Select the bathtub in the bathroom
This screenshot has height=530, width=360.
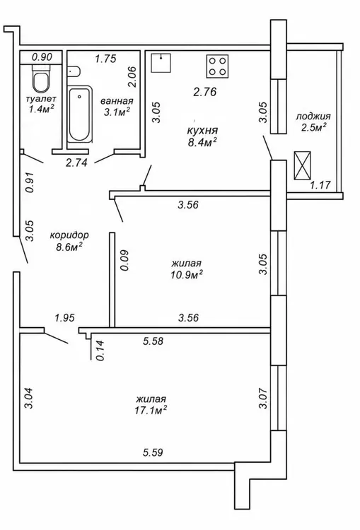79,114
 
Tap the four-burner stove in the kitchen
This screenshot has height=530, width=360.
218,66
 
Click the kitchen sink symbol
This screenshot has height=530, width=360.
161,63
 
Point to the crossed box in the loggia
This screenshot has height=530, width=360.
302,165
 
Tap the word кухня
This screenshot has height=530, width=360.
202,131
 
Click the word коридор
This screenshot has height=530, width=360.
69,235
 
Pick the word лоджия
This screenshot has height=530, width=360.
313,117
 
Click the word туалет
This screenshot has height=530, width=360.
41,99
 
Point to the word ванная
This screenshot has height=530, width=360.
117,101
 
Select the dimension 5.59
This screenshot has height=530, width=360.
153,452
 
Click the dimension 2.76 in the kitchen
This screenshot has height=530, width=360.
204,92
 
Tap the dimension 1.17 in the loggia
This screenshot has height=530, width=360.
320,185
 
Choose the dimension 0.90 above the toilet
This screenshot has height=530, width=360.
42,57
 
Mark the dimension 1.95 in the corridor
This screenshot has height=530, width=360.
64,318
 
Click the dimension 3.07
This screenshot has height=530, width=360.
263,399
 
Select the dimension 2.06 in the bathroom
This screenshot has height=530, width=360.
132,77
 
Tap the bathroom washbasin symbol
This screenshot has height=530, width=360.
74,71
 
